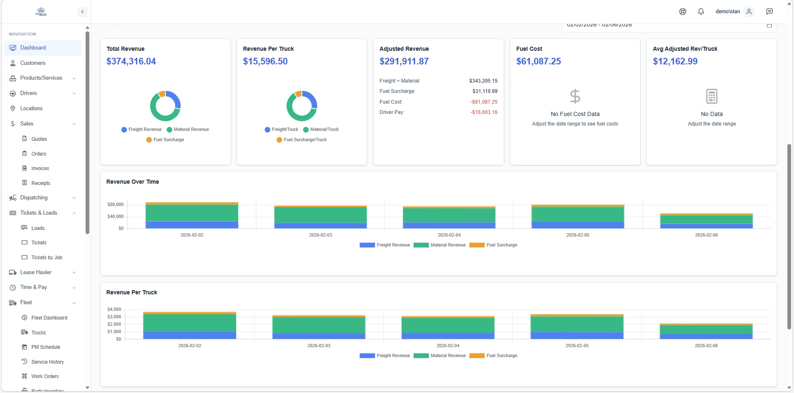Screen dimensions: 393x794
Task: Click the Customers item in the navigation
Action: (33, 63)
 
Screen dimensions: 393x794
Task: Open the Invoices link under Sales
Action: (40, 168)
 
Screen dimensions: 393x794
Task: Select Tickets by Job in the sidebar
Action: (47, 258)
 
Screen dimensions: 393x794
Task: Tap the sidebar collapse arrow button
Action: (82, 12)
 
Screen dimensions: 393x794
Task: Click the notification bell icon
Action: (701, 12)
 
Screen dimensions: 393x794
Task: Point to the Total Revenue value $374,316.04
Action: (131, 62)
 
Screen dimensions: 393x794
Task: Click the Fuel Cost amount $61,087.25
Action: (538, 62)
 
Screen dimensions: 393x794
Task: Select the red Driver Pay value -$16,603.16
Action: (484, 112)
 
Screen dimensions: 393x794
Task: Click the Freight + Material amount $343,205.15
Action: (483, 81)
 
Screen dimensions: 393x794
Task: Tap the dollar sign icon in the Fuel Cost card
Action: (575, 96)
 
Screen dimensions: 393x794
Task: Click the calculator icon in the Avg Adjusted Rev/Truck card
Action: (711, 96)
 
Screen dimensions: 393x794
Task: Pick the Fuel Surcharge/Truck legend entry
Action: (305, 140)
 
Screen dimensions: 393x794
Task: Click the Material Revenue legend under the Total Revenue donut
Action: (191, 130)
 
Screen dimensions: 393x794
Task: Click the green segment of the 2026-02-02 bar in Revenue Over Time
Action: (191, 213)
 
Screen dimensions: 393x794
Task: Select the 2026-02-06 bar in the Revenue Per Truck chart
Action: (706, 331)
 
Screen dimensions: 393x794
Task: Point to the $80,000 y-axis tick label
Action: (115, 205)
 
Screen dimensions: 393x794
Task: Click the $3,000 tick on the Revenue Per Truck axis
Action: (114, 317)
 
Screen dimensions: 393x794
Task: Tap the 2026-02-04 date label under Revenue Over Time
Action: (449, 235)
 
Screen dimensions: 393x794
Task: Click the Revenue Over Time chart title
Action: (132, 182)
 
